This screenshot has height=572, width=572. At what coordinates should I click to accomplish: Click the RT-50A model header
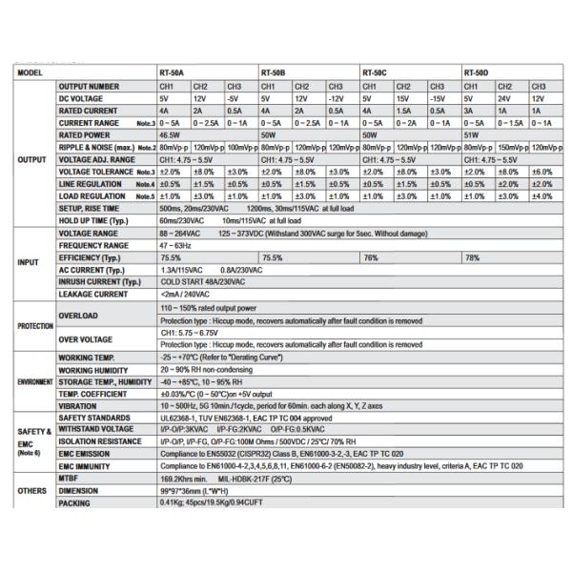(173, 73)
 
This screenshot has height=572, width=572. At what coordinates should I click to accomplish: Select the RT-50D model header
(476, 73)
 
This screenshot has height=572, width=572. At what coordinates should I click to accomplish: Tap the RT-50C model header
(374, 73)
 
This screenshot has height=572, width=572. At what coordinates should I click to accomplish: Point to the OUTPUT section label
(33, 159)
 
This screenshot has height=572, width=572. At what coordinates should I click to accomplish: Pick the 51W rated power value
(471, 135)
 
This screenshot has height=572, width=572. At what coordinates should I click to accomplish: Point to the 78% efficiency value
(472, 257)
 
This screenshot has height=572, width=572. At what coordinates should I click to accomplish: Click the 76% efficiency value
(371, 257)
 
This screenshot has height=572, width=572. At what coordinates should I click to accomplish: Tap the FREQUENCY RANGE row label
(94, 245)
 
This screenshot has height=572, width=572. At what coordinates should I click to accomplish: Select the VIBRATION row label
(78, 405)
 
